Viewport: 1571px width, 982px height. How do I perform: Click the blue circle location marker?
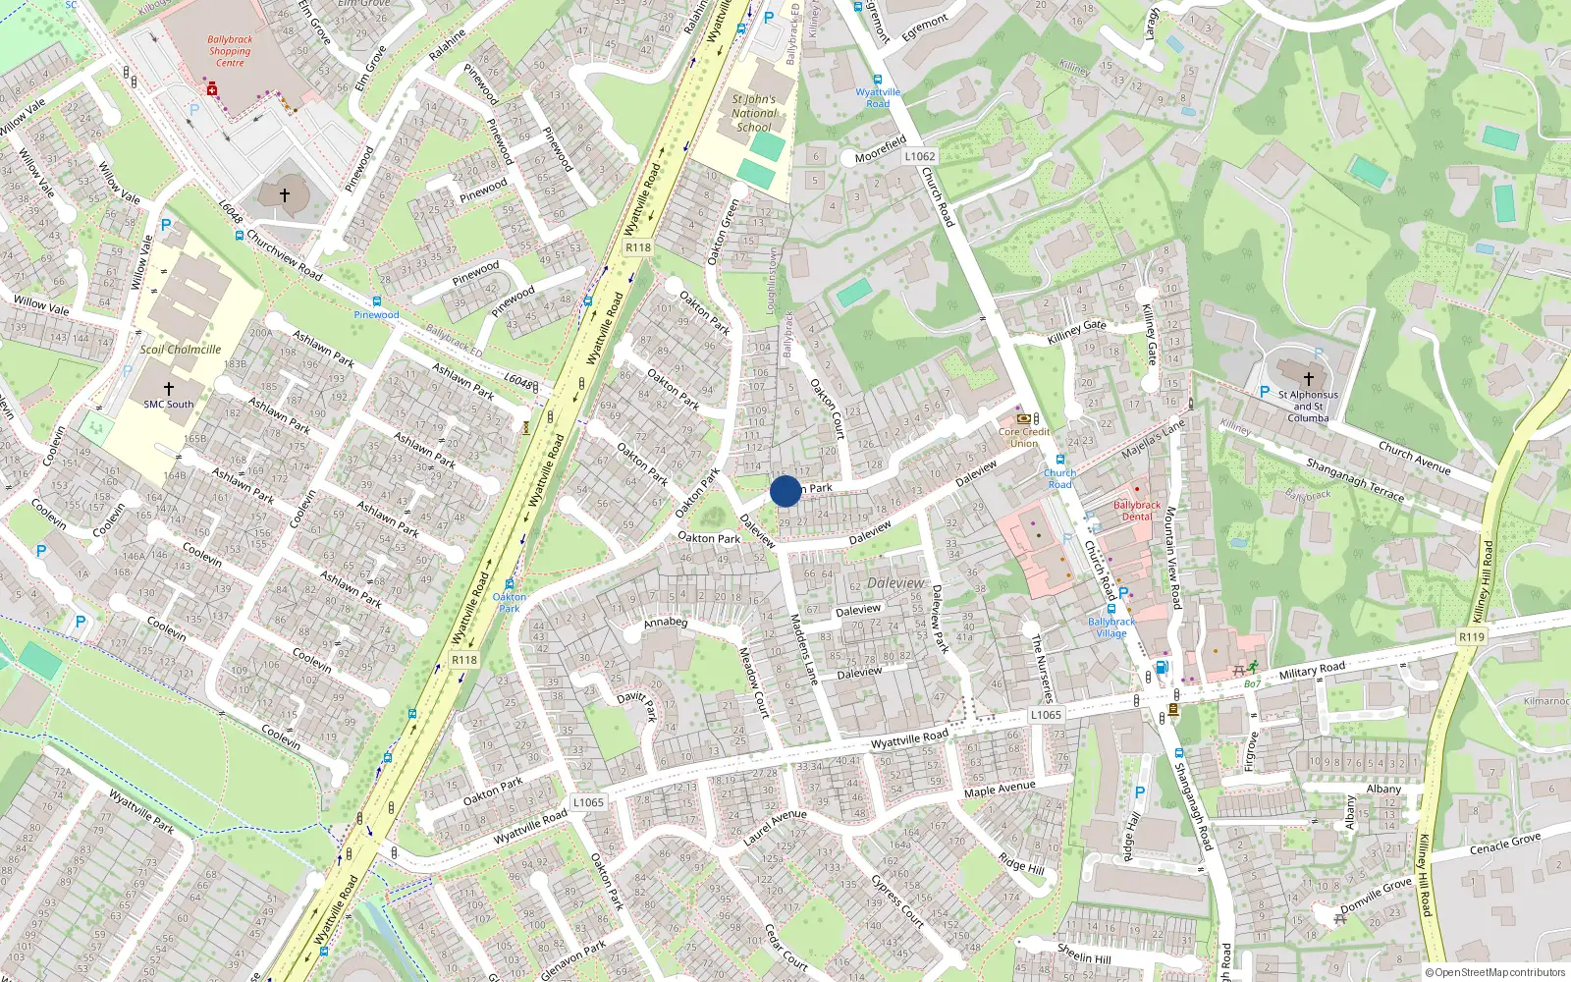(785, 491)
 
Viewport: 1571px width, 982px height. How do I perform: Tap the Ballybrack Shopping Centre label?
(230, 51)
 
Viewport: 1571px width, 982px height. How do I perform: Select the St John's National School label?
(754, 113)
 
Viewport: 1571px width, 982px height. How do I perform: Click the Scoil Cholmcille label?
(181, 350)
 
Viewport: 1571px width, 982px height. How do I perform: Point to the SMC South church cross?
(169, 389)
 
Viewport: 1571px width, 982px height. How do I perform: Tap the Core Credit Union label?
(1024, 437)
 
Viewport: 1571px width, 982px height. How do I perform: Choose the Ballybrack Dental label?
(1137, 511)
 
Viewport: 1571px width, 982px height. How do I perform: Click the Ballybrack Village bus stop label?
(1111, 627)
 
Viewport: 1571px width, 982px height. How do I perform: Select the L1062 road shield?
(920, 156)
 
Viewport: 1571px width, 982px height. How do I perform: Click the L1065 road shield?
(1046, 715)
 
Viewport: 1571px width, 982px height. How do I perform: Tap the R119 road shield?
(1471, 637)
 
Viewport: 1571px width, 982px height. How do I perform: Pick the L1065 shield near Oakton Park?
(588, 802)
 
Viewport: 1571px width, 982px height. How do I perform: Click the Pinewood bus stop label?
(376, 315)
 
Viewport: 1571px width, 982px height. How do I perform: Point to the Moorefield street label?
(881, 149)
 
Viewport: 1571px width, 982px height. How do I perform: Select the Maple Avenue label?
(1000, 790)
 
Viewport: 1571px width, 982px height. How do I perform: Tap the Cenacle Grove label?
(1505, 845)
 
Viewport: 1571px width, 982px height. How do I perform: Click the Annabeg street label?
(666, 622)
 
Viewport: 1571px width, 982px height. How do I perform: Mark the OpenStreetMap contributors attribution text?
(1495, 973)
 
